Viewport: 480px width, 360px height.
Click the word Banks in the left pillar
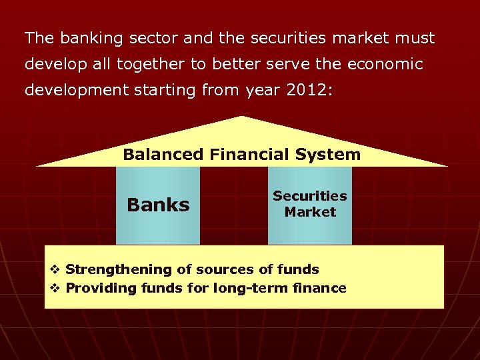pos(158,205)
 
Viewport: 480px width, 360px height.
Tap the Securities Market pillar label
pos(310,204)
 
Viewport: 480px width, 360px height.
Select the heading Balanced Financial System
pos(241,155)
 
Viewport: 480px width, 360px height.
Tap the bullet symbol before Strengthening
pos(56,270)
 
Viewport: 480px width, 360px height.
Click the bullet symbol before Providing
pos(56,289)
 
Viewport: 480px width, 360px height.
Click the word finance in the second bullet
pos(319,288)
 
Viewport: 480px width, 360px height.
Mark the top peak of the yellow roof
pos(241,118)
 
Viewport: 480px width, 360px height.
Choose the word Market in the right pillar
pos(310,212)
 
